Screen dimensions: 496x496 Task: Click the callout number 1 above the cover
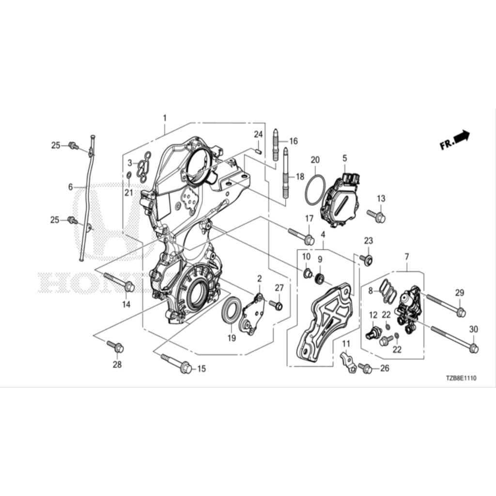coord(165,118)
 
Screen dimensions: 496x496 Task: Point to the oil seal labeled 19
coord(231,310)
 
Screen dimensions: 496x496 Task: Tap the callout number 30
coord(474,329)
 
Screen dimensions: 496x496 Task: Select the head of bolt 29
coord(461,312)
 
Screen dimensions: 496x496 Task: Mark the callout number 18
coord(299,177)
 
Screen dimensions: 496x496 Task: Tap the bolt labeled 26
coord(366,369)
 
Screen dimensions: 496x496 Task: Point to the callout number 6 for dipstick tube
coord(70,186)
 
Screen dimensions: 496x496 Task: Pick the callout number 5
coord(345,158)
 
